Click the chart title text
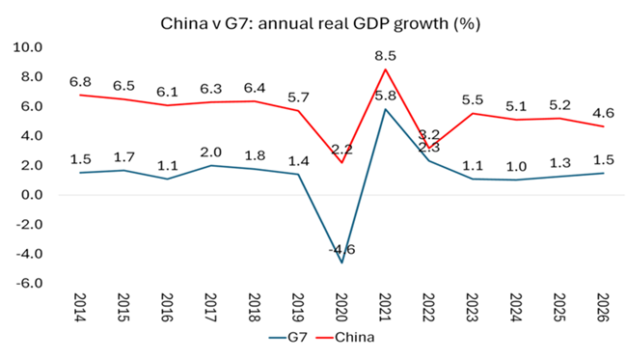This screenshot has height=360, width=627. (x=320, y=23)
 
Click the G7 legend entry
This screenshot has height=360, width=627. (x=288, y=337)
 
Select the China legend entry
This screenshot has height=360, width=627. (x=345, y=337)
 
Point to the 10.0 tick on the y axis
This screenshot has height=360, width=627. (x=28, y=47)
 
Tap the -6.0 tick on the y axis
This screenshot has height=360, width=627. (x=29, y=283)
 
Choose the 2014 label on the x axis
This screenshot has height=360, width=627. (x=80, y=307)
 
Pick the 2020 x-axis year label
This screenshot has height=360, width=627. (x=341, y=307)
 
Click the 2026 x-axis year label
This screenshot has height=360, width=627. (x=603, y=307)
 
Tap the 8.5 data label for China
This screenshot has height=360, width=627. (x=385, y=56)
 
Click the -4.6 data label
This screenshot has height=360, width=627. (x=341, y=250)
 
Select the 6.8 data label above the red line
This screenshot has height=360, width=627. (x=80, y=82)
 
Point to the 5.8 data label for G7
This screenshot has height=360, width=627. (x=385, y=96)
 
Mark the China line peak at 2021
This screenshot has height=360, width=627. (x=385, y=69)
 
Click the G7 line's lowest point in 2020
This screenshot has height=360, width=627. (x=341, y=263)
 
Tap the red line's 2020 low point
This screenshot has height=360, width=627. (x=341, y=162)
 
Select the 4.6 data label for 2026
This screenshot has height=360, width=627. (x=603, y=113)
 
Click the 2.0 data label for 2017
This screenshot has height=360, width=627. (x=210, y=152)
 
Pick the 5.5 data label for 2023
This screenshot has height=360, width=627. (x=473, y=99)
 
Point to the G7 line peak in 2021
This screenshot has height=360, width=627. (x=385, y=109)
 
